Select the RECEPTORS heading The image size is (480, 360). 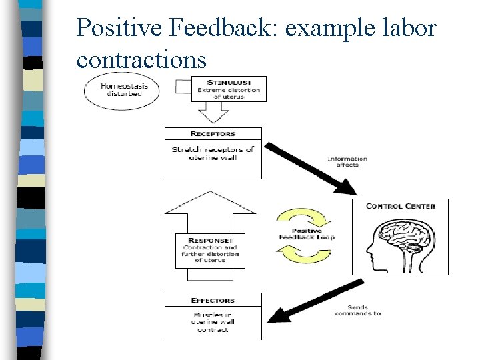213,134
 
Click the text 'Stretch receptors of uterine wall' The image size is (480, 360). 213,153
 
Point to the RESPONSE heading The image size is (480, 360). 210,240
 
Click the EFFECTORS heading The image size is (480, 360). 213,301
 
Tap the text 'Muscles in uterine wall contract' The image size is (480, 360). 213,322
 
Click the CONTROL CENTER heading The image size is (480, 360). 400,206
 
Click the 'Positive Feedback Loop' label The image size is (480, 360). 306,234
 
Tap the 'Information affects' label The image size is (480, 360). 347,161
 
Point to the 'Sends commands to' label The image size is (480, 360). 357,310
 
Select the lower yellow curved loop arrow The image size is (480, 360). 299,253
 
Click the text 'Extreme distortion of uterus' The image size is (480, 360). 227,94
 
